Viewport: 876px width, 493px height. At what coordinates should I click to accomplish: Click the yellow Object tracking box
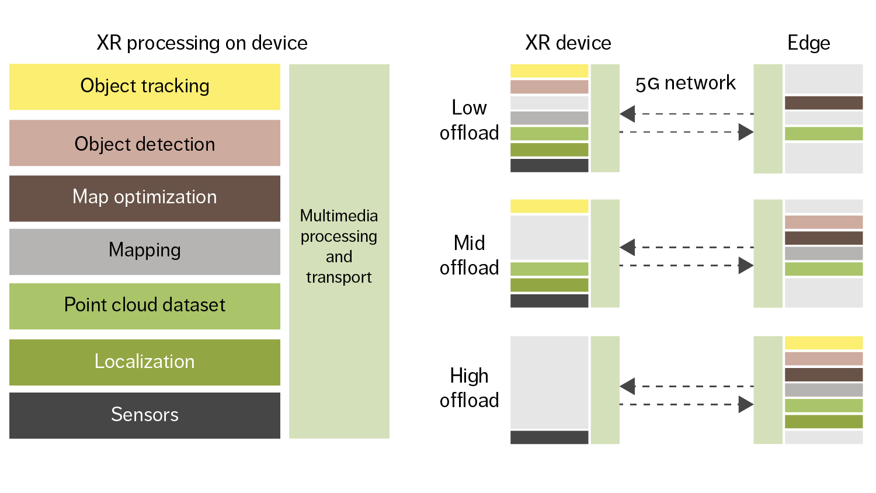pyautogui.click(x=144, y=86)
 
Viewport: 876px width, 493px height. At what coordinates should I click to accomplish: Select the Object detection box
pyautogui.click(x=144, y=143)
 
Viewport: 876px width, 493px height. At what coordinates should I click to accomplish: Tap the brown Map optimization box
pyautogui.click(x=144, y=198)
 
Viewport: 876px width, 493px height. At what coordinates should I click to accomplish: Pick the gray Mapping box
pyautogui.click(x=144, y=251)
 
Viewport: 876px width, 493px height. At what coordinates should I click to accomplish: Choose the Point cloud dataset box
pyautogui.click(x=144, y=306)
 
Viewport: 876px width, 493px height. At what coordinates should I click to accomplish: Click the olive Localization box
pyautogui.click(x=144, y=362)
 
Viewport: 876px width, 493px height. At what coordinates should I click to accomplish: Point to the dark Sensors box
pyautogui.click(x=144, y=415)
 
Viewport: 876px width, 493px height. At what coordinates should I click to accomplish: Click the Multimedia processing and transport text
pyautogui.click(x=339, y=246)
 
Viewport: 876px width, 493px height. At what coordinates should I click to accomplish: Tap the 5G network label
pyautogui.click(x=685, y=84)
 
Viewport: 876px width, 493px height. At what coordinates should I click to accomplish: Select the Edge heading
pyautogui.click(x=808, y=43)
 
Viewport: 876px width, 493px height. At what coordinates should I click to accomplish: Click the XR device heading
pyautogui.click(x=568, y=43)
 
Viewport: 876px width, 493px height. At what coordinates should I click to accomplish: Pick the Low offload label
pyautogui.click(x=469, y=120)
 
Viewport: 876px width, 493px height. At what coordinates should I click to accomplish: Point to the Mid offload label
pyautogui.click(x=469, y=255)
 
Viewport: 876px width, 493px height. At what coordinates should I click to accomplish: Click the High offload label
pyautogui.click(x=469, y=388)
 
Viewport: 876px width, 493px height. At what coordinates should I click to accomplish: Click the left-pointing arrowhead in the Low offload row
pyautogui.click(x=628, y=113)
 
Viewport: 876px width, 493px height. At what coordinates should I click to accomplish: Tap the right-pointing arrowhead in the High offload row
pyautogui.click(x=746, y=404)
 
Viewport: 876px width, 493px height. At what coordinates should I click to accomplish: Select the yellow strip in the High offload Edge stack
pyautogui.click(x=823, y=343)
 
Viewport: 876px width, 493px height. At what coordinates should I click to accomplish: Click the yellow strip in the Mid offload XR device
pyautogui.click(x=549, y=206)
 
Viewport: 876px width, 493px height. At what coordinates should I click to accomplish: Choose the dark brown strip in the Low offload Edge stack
pyautogui.click(x=823, y=103)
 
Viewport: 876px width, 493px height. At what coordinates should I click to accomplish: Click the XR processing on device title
pyautogui.click(x=201, y=43)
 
